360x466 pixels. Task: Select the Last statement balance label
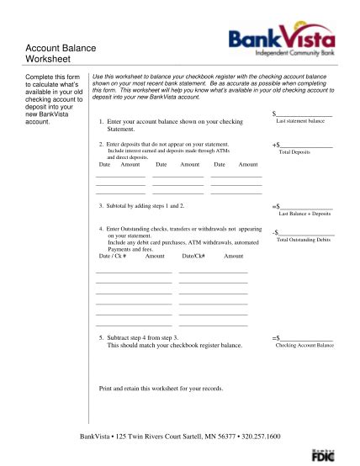point(300,121)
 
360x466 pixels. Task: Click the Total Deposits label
point(296,152)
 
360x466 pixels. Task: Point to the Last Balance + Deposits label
point(304,214)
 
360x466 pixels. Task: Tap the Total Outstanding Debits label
point(303,241)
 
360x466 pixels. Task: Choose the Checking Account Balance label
point(304,345)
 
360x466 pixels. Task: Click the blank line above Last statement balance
point(304,114)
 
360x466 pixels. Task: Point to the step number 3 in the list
point(100,205)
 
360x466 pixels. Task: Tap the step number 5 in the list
point(100,338)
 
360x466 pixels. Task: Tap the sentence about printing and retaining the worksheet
point(161,388)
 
